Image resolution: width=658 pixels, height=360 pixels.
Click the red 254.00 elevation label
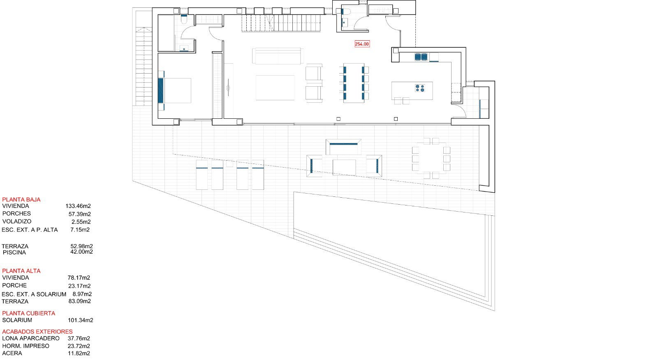(x=362, y=44)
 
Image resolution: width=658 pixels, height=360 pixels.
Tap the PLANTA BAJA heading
(x=21, y=200)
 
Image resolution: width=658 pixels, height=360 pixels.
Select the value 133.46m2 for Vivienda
(x=78, y=206)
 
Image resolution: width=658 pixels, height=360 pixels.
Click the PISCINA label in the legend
(x=14, y=252)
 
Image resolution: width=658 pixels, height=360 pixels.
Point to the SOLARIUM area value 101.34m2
(x=81, y=321)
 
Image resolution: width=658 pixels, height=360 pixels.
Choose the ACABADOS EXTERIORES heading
(x=37, y=332)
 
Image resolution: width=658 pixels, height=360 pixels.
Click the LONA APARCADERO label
(x=31, y=338)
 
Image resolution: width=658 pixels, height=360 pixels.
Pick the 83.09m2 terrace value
(x=80, y=301)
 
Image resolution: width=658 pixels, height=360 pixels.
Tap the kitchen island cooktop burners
(x=420, y=88)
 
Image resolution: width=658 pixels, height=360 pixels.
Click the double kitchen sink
(x=421, y=57)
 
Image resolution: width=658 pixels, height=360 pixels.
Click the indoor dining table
(x=354, y=83)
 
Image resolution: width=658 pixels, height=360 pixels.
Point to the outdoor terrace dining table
(x=431, y=159)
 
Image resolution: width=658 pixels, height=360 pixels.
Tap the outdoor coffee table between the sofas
(x=344, y=167)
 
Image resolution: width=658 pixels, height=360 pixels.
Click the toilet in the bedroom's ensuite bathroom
(x=184, y=19)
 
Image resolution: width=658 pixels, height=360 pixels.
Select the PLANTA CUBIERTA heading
(x=28, y=313)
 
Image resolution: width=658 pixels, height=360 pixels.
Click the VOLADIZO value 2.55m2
(x=81, y=222)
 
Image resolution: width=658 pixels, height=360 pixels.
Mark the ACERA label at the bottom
(x=12, y=353)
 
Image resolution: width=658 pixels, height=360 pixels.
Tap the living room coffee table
(x=275, y=88)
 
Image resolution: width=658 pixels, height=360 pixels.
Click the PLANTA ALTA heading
(x=21, y=271)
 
